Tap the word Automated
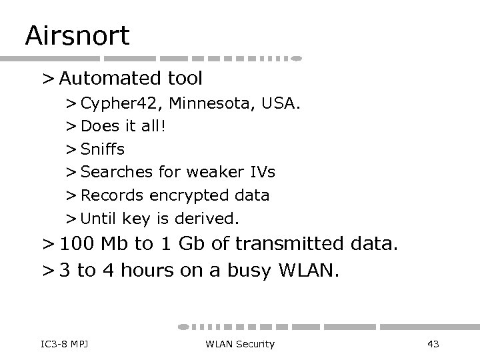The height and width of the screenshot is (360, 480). (x=107, y=79)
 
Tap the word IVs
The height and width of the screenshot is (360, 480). (x=261, y=172)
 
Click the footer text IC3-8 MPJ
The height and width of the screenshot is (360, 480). (x=56, y=343)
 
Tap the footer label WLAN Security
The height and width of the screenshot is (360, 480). (x=240, y=343)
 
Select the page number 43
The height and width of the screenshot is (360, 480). (x=432, y=343)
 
